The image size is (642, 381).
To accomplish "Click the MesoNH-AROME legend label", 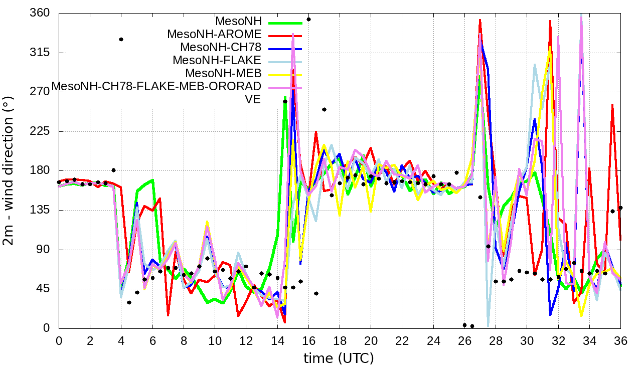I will [214, 35].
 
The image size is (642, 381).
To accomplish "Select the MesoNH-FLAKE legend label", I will [217, 61].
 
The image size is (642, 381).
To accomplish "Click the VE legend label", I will [253, 99].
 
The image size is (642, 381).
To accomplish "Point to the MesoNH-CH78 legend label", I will [221, 48].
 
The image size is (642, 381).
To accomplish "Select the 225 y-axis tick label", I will [40, 131].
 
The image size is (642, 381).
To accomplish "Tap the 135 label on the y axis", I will [40, 210].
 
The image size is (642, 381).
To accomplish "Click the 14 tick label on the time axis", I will [277, 341].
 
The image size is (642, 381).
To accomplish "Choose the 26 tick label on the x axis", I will [464, 341].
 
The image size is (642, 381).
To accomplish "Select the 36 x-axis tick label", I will [620, 341].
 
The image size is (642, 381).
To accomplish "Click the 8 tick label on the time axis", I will [184, 341].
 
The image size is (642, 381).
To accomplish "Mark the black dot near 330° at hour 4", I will [121, 39].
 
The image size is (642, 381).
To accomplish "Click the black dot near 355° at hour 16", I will [308, 20].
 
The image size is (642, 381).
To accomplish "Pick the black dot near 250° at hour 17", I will [324, 109].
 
